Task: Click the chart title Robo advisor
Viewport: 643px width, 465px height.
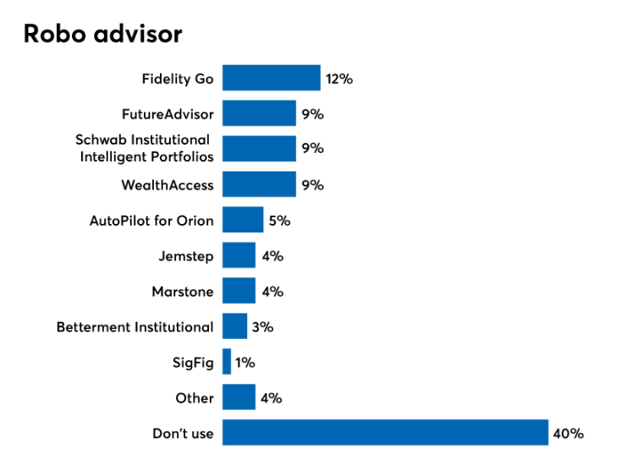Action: click(102, 34)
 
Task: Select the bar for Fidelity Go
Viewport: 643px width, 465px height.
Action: click(272, 79)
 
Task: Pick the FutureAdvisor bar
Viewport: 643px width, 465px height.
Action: click(259, 113)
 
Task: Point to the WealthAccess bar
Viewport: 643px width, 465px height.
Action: click(259, 184)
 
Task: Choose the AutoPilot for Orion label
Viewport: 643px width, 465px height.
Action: click(151, 221)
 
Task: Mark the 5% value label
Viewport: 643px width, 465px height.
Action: click(280, 221)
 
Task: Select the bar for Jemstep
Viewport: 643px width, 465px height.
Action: click(239, 255)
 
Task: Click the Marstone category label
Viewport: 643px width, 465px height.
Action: click(183, 292)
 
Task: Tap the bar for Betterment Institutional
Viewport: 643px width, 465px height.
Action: click(234, 326)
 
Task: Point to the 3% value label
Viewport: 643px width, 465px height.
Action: click(263, 326)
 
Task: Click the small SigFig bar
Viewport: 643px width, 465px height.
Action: click(227, 362)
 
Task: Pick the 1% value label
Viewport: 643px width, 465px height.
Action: click(245, 362)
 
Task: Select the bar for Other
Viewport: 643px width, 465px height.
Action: click(239, 397)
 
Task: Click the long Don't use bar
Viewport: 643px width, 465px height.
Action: click(385, 433)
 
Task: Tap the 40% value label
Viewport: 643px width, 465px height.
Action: click(569, 433)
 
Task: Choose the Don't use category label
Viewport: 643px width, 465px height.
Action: click(183, 434)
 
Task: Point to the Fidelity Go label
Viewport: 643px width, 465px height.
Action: click(178, 79)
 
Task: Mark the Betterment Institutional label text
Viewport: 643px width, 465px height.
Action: click(135, 327)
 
